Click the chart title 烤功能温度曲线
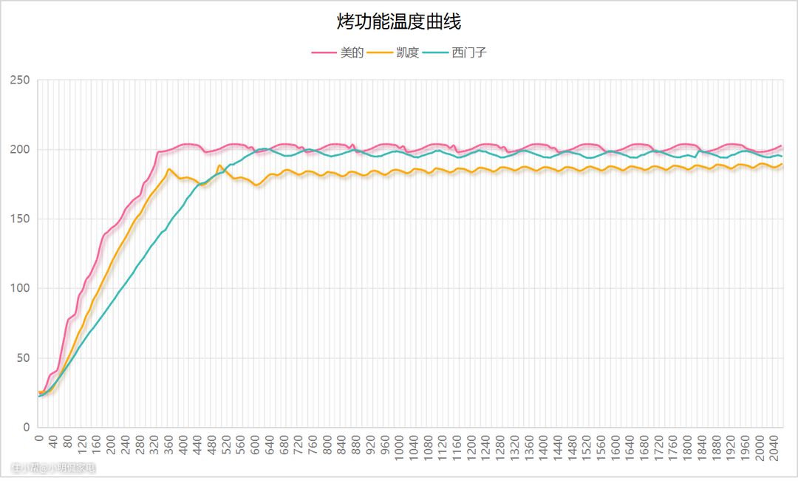(399, 22)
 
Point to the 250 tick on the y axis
(24, 81)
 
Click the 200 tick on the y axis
(24, 150)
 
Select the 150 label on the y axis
(24, 219)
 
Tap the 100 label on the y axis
(24, 289)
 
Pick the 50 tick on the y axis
(27, 358)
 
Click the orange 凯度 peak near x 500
(219, 165)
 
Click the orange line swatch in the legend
(380, 53)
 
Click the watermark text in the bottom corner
(53, 468)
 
